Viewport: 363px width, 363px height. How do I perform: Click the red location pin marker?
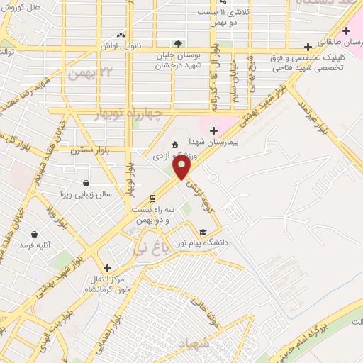coord(182,167)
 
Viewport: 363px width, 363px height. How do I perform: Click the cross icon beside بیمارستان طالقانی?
coord(346,30)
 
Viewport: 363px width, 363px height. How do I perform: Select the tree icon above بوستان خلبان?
coord(178,44)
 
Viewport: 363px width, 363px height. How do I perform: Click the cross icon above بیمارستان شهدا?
coord(213,130)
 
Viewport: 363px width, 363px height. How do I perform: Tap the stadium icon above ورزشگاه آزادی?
coord(177,144)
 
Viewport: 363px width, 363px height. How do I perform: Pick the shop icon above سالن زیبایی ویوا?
coord(86,183)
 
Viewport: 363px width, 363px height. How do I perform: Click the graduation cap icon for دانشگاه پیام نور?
coord(203,232)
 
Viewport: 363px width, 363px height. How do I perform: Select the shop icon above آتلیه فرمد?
coord(34,234)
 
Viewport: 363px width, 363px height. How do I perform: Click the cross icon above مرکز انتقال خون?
coord(107,268)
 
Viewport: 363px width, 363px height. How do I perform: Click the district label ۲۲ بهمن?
coord(84,72)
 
